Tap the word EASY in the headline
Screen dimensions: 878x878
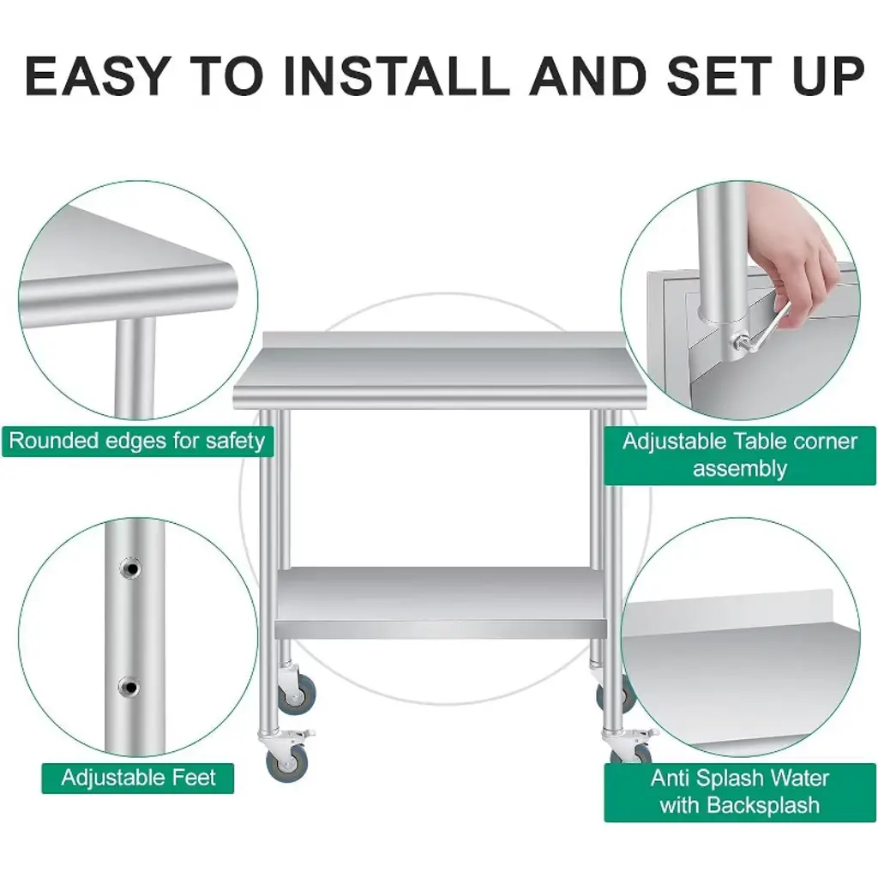pos(96,75)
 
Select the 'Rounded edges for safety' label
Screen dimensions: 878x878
pos(137,442)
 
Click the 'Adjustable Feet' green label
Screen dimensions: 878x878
pos(138,778)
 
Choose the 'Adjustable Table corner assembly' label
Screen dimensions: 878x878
pos(740,455)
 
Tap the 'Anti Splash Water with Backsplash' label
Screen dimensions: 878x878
pos(740,791)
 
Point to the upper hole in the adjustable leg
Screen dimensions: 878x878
pos(131,569)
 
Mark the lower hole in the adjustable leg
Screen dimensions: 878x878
pos(130,686)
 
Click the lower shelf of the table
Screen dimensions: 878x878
pos(442,603)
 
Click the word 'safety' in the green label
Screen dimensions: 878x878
pos(235,442)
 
